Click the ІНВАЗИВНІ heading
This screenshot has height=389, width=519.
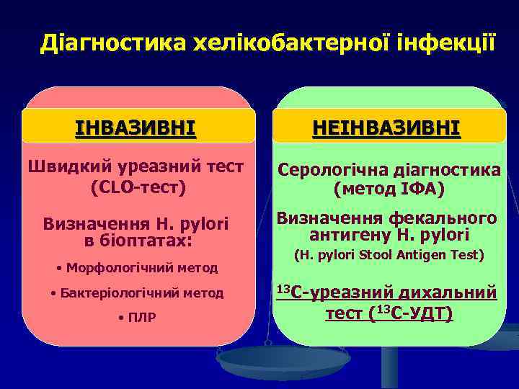point(136,128)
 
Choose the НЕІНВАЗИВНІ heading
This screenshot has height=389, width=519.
point(386,128)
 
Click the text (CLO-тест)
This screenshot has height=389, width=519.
point(137,187)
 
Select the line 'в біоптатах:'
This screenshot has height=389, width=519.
point(137,240)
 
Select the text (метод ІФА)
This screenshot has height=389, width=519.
point(389,189)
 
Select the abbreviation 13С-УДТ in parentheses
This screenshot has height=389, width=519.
point(414,314)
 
